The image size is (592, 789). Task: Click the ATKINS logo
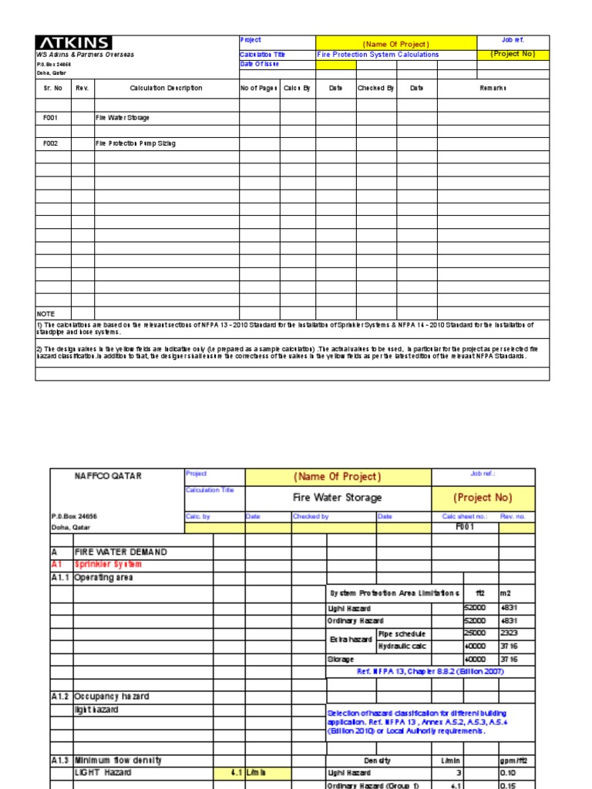[x=74, y=43]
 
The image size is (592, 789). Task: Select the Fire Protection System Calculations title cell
[x=378, y=55]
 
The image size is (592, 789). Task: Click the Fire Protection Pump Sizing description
[x=135, y=143]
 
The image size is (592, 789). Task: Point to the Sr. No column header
[x=53, y=89]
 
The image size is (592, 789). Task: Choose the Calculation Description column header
[x=166, y=89]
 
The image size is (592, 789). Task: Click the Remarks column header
[x=493, y=89]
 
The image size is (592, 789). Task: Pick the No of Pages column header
[x=259, y=89]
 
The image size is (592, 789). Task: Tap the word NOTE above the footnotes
[x=46, y=314]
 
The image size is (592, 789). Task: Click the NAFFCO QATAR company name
[x=107, y=476]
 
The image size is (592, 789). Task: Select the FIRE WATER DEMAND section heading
[x=120, y=552]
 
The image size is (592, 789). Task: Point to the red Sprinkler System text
[x=108, y=565]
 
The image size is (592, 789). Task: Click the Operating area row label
[x=104, y=577]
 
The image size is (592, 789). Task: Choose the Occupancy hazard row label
[x=111, y=697]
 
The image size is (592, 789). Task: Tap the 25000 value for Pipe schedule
[x=475, y=633]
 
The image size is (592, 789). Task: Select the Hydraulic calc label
[x=402, y=646]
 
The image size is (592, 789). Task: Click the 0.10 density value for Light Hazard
[x=508, y=772]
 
